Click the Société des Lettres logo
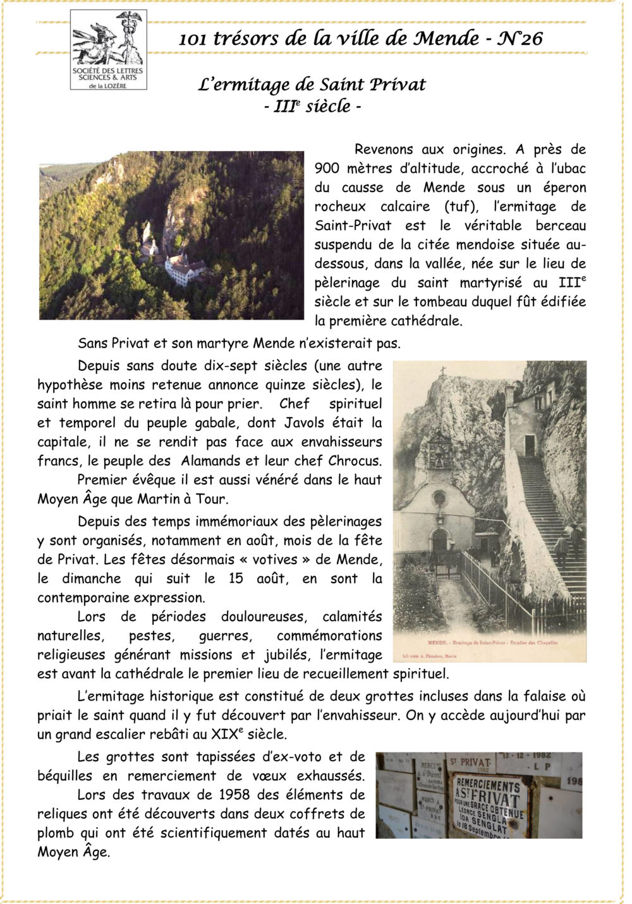click(x=108, y=50)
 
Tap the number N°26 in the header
click(x=521, y=39)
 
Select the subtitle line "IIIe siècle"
click(x=312, y=106)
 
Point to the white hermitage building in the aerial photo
click(x=184, y=268)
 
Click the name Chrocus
click(x=355, y=461)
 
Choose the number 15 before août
click(x=235, y=579)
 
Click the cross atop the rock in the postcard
click(x=442, y=371)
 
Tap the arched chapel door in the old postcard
click(x=439, y=542)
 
